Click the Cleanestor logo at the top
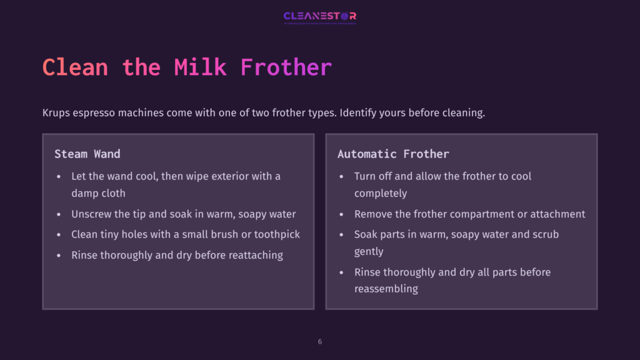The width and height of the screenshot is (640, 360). tap(319, 16)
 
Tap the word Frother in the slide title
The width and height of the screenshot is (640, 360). tap(286, 67)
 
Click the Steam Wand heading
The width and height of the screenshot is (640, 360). tap(87, 154)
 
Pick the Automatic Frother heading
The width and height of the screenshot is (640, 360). tap(393, 154)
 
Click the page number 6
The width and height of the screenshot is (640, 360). tap(320, 342)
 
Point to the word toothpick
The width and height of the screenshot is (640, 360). tap(275, 234)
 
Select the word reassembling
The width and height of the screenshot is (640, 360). tap(386, 289)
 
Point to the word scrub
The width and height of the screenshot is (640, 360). tap(546, 234)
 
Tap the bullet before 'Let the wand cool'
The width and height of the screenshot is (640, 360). tap(59, 176)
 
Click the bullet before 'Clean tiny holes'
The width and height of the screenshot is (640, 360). tap(59, 234)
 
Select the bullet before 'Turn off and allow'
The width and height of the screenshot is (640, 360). tap(342, 176)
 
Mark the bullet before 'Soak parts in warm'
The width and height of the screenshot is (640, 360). tap(342, 234)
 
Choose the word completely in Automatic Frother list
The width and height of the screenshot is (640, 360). tap(381, 193)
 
